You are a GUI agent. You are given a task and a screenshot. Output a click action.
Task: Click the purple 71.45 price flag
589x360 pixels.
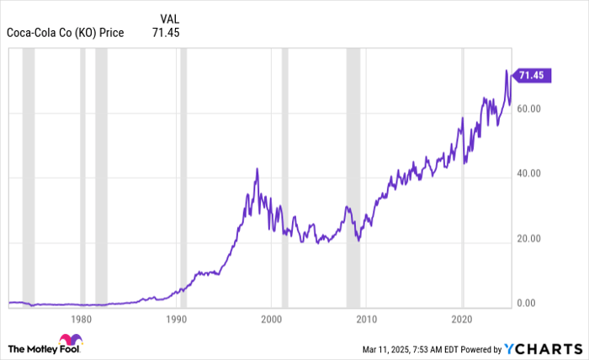[x=532, y=76]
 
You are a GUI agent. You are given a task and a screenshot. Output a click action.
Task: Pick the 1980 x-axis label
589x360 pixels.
[x=82, y=320]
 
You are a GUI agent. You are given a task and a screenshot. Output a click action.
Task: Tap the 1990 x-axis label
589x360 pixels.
[x=177, y=320]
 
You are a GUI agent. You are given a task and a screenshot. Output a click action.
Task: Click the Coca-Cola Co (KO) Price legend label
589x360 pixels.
[x=65, y=33]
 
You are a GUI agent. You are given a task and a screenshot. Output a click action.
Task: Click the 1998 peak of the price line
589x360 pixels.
[x=257, y=169]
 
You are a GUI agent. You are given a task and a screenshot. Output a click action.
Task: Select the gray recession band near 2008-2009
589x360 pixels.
[x=353, y=177]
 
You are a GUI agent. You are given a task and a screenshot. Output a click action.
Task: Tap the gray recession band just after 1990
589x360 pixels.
[x=183, y=177]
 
